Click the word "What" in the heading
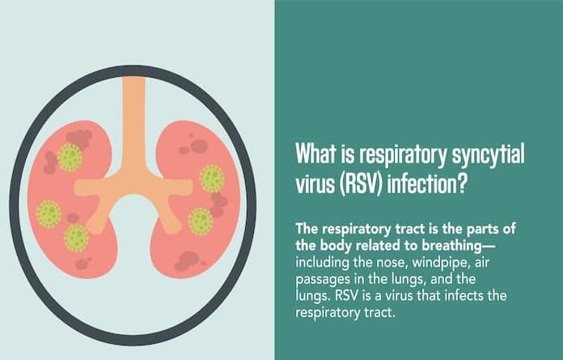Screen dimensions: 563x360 315,154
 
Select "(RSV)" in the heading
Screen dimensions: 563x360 360,184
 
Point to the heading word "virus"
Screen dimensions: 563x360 314,184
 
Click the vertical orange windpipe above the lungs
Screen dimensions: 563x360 134,122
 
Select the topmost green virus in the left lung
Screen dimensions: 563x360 70,158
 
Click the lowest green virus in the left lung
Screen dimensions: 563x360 77,238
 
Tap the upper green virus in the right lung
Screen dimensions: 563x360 212,179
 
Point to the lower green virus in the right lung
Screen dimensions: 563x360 201,222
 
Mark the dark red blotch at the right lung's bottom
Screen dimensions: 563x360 187,261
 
